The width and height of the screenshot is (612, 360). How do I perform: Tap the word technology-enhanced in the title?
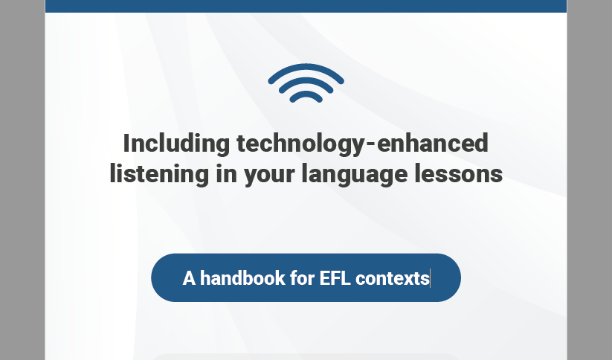tap(362, 143)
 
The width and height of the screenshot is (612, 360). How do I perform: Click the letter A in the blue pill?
tap(189, 278)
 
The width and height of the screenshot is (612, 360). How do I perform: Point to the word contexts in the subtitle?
tap(392, 278)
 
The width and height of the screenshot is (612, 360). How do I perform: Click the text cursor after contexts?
tap(431, 278)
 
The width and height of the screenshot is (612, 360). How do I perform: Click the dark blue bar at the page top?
tap(306, 6)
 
